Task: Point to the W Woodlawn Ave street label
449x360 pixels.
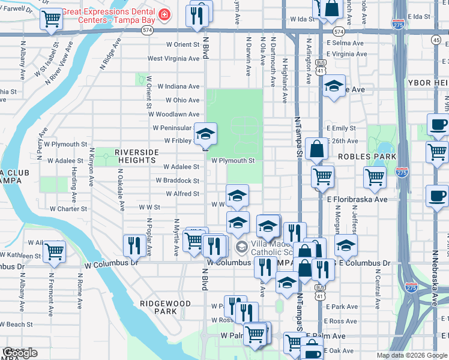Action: tap(174, 114)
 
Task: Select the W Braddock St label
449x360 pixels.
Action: tap(177, 181)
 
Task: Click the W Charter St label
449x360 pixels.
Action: tap(68, 209)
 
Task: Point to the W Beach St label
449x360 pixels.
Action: tap(16, 324)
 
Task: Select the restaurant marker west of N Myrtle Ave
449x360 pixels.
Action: tap(133, 244)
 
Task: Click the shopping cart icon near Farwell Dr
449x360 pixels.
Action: tap(50, 19)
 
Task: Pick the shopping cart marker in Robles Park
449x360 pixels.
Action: tap(375, 176)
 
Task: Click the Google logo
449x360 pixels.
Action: tap(20, 353)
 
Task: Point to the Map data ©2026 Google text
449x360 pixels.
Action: tap(411, 355)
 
